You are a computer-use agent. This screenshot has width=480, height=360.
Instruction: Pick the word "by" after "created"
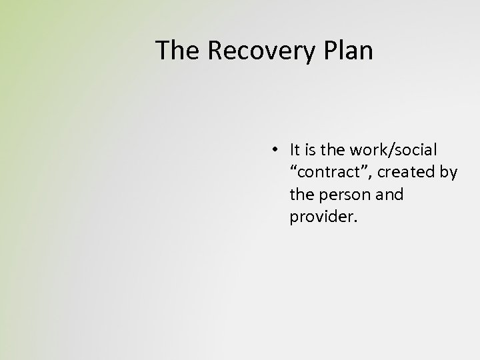click(449, 172)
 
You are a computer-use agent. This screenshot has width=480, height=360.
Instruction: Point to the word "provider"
click(322, 217)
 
